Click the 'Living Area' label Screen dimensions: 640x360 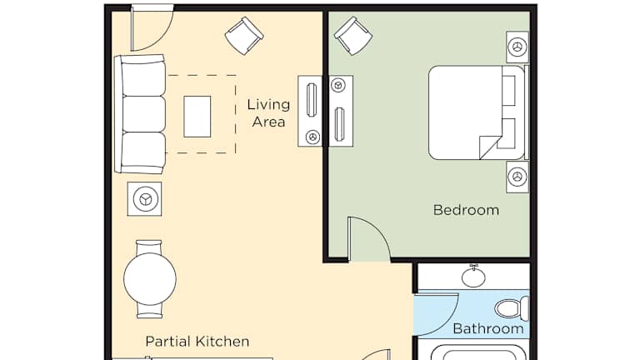(x=268, y=113)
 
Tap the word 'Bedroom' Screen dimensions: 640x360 (x=466, y=210)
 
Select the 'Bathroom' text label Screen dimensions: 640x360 (x=488, y=328)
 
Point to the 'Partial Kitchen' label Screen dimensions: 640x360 (x=197, y=341)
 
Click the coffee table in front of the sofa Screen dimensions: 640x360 (x=197, y=117)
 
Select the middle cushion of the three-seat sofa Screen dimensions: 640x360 (x=143, y=114)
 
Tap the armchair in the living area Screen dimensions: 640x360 (x=244, y=36)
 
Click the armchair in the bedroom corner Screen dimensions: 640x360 (x=353, y=36)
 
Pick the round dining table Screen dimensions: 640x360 (x=150, y=279)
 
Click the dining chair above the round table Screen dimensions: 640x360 (x=148, y=247)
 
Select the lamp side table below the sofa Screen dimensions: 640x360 (x=144, y=199)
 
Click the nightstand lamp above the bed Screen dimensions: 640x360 (x=517, y=47)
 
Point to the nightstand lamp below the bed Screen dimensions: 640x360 (x=517, y=177)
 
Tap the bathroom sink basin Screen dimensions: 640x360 (x=473, y=277)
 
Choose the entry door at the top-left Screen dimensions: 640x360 (x=152, y=27)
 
